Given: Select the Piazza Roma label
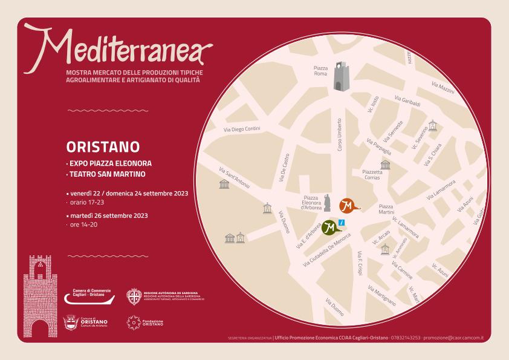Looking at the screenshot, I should coord(321,71).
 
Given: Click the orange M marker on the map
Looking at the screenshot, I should coord(348,205).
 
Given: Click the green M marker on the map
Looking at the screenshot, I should coord(329,227).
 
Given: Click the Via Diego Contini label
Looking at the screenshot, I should coord(241,128).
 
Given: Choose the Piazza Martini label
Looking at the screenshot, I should coord(386,210).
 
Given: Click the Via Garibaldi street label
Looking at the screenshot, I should coord(407,101).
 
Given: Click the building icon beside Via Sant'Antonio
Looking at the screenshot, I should coord(224,183).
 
